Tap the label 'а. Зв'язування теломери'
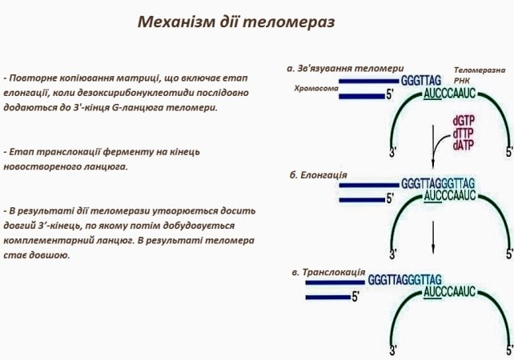(345, 68)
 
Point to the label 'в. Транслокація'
(329, 272)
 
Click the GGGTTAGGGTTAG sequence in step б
(438, 182)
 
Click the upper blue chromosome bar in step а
(367, 81)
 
